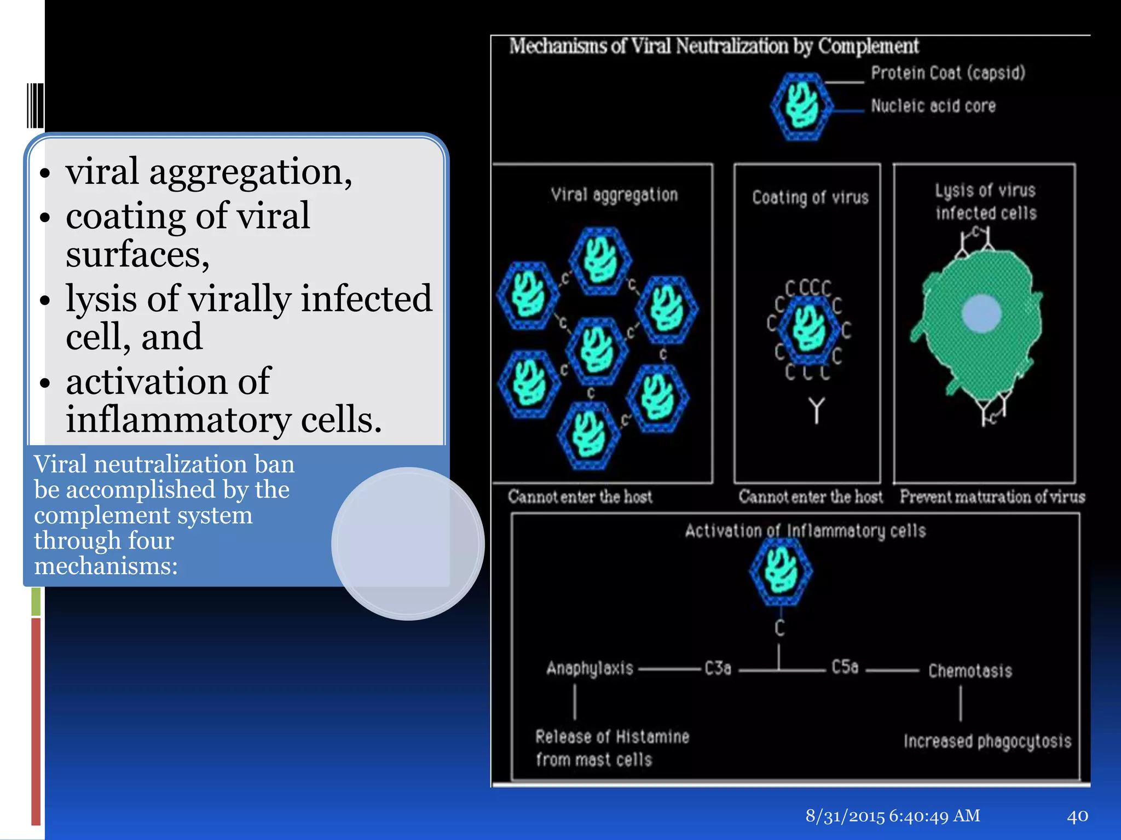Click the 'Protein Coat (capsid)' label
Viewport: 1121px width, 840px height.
947,73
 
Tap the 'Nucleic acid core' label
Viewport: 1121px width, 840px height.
933,106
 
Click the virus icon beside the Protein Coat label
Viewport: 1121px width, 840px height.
801,106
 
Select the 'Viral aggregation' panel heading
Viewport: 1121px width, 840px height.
614,195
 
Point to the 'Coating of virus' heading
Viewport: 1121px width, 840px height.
810,197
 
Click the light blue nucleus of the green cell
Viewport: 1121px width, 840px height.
981,314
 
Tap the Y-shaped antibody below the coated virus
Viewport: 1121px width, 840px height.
816,410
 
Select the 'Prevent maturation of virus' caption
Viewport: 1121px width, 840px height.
992,497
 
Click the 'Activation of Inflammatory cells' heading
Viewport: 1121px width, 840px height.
805,531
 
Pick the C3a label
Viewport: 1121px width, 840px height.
718,668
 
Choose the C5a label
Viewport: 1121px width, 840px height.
845,667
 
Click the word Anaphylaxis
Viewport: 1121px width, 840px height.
590,669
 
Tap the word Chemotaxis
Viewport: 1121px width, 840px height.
970,671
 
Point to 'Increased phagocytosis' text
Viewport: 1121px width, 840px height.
987,742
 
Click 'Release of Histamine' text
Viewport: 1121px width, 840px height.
612,737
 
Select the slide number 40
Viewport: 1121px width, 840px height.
1077,816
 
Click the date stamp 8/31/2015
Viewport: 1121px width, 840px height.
845,816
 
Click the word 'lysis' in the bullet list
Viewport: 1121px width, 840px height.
101,299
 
